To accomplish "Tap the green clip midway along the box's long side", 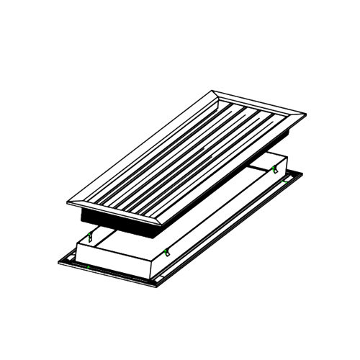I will [x=166, y=251].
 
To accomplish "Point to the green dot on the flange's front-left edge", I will [x=86, y=266].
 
